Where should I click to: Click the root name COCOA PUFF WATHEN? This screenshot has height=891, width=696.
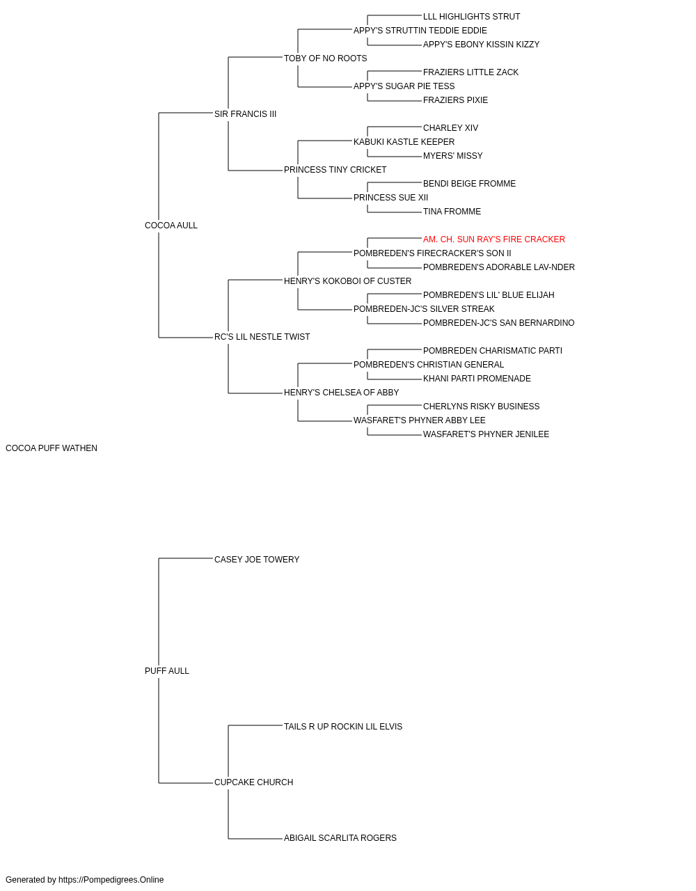(52, 448)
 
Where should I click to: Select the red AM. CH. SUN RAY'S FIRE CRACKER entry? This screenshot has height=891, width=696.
(494, 239)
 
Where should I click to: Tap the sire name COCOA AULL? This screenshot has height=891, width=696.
(171, 226)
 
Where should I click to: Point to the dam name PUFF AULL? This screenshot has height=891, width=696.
(167, 671)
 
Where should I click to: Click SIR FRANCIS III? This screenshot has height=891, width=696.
(245, 114)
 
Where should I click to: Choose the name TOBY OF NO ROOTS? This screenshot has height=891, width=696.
(326, 58)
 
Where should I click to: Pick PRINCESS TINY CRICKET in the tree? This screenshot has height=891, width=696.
(335, 170)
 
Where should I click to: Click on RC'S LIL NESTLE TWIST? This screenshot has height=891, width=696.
(262, 337)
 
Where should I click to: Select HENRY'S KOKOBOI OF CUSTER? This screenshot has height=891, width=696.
(347, 281)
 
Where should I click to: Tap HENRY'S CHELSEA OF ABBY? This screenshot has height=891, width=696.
(342, 393)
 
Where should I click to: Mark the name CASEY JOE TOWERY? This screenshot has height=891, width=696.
(257, 560)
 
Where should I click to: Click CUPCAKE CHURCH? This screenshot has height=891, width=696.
(254, 782)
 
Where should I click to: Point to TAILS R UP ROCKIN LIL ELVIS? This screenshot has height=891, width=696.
(343, 727)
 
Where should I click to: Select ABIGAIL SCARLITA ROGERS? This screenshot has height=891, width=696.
(340, 838)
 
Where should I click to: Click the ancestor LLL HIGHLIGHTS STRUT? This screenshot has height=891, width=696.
(471, 17)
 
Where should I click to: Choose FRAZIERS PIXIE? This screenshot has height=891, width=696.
(455, 100)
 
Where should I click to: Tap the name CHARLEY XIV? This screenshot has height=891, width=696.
(450, 128)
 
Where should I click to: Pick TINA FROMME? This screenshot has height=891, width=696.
(452, 212)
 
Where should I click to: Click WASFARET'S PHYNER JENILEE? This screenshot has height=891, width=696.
(486, 434)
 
